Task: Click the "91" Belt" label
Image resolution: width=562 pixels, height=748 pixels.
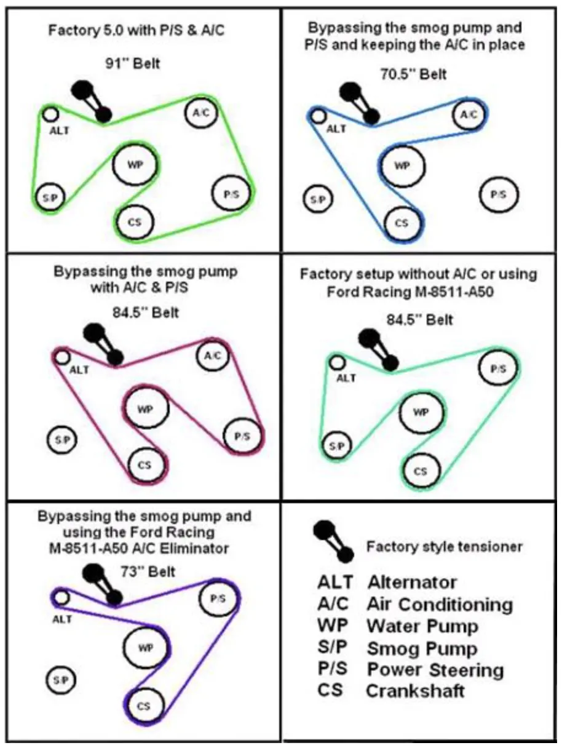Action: coord(132,63)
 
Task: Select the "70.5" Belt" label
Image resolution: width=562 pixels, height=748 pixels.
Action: coord(413,74)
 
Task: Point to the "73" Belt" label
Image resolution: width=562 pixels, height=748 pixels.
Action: coord(148,571)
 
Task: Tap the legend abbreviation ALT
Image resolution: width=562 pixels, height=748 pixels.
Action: coord(335,583)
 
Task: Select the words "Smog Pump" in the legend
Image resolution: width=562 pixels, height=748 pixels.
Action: coord(422,648)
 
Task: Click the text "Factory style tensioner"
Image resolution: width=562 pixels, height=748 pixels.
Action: coord(444,547)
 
